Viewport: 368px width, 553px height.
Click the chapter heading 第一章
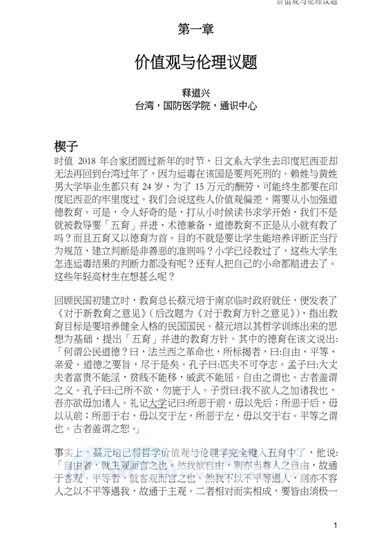tap(196, 29)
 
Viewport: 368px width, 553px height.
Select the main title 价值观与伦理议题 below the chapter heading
tap(196, 62)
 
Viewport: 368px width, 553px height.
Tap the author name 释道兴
tap(196, 93)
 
